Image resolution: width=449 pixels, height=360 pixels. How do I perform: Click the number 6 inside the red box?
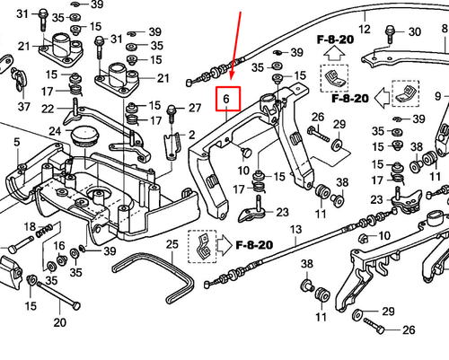click(x=227, y=98)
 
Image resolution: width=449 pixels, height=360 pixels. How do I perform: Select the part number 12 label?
click(x=365, y=15)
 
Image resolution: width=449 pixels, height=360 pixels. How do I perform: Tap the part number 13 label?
click(x=293, y=231)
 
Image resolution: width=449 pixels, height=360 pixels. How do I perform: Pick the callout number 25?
click(x=172, y=243)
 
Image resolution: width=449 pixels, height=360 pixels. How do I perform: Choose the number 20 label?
click(x=60, y=322)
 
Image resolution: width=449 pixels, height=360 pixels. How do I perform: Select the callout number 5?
click(x=15, y=142)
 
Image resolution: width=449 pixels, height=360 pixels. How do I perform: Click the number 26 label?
click(x=317, y=118)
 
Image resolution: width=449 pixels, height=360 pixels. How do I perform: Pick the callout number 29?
click(x=388, y=310)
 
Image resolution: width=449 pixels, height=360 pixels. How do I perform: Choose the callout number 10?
click(x=244, y=170)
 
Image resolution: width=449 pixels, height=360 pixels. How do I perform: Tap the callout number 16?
click(x=60, y=246)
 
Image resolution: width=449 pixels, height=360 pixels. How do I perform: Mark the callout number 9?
click(x=441, y=96)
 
